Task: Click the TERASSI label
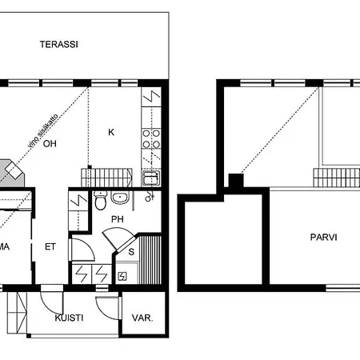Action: [60, 45]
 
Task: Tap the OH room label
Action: [50, 144]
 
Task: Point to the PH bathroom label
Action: [118, 218]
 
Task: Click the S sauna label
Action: [131, 250]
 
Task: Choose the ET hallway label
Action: [50, 247]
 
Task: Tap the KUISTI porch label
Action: [71, 318]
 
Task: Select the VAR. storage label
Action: [142, 318]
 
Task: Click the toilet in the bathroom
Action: [100, 200]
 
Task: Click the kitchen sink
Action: [150, 178]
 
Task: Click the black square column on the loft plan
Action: [236, 181]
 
